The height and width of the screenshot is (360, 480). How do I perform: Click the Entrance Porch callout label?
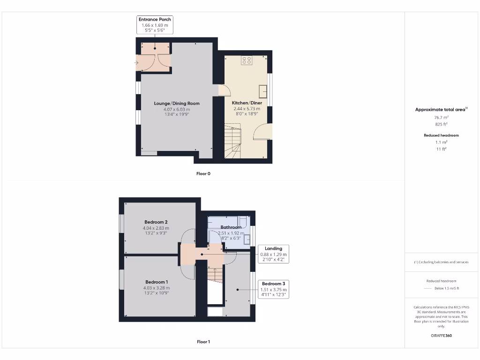tap(155, 25)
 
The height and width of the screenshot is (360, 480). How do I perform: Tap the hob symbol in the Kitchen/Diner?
tap(247, 60)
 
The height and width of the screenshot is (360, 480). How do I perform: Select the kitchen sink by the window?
tap(263, 90)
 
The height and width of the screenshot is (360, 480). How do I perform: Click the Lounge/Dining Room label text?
tap(177, 104)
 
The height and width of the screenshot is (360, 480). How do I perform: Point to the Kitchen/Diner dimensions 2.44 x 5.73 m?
tap(247, 108)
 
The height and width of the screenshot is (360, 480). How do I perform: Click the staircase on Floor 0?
tap(232, 140)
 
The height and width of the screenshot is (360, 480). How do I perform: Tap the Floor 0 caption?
tap(203, 173)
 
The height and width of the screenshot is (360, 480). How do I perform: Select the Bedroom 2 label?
tap(156, 222)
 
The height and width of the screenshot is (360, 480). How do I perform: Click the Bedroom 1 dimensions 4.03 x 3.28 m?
tap(157, 288)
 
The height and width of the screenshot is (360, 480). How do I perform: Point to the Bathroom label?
tap(231, 227)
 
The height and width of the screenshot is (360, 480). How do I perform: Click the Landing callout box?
tap(273, 254)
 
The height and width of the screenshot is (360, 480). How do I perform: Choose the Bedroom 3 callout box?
tap(273, 289)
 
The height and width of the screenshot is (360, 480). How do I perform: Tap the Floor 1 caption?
tap(203, 342)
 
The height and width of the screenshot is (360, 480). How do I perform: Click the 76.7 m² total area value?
tap(441, 118)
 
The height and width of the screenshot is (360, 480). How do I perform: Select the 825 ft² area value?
tap(441, 124)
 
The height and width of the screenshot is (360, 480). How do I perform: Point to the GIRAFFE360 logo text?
tap(441, 336)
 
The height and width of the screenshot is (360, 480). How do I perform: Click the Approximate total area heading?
tap(441, 109)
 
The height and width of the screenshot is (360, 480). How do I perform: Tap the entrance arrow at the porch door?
tap(136, 62)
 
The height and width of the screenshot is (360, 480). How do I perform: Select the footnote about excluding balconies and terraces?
tap(441, 262)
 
